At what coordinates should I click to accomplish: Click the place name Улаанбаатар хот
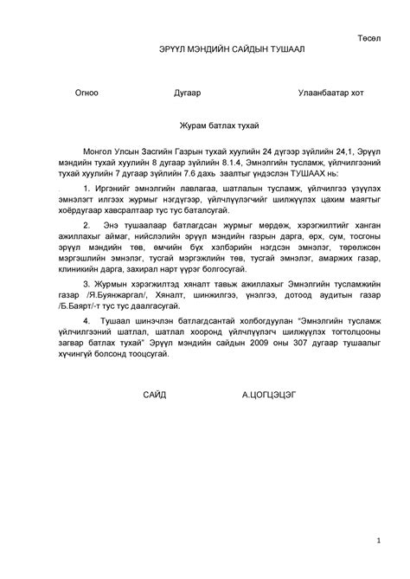coord(331,92)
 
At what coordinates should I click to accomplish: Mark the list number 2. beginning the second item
coord(86,225)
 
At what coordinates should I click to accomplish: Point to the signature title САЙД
coord(155,395)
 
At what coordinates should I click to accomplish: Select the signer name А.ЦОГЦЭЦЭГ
coord(270,395)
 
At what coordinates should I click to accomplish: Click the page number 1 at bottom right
coord(378,541)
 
